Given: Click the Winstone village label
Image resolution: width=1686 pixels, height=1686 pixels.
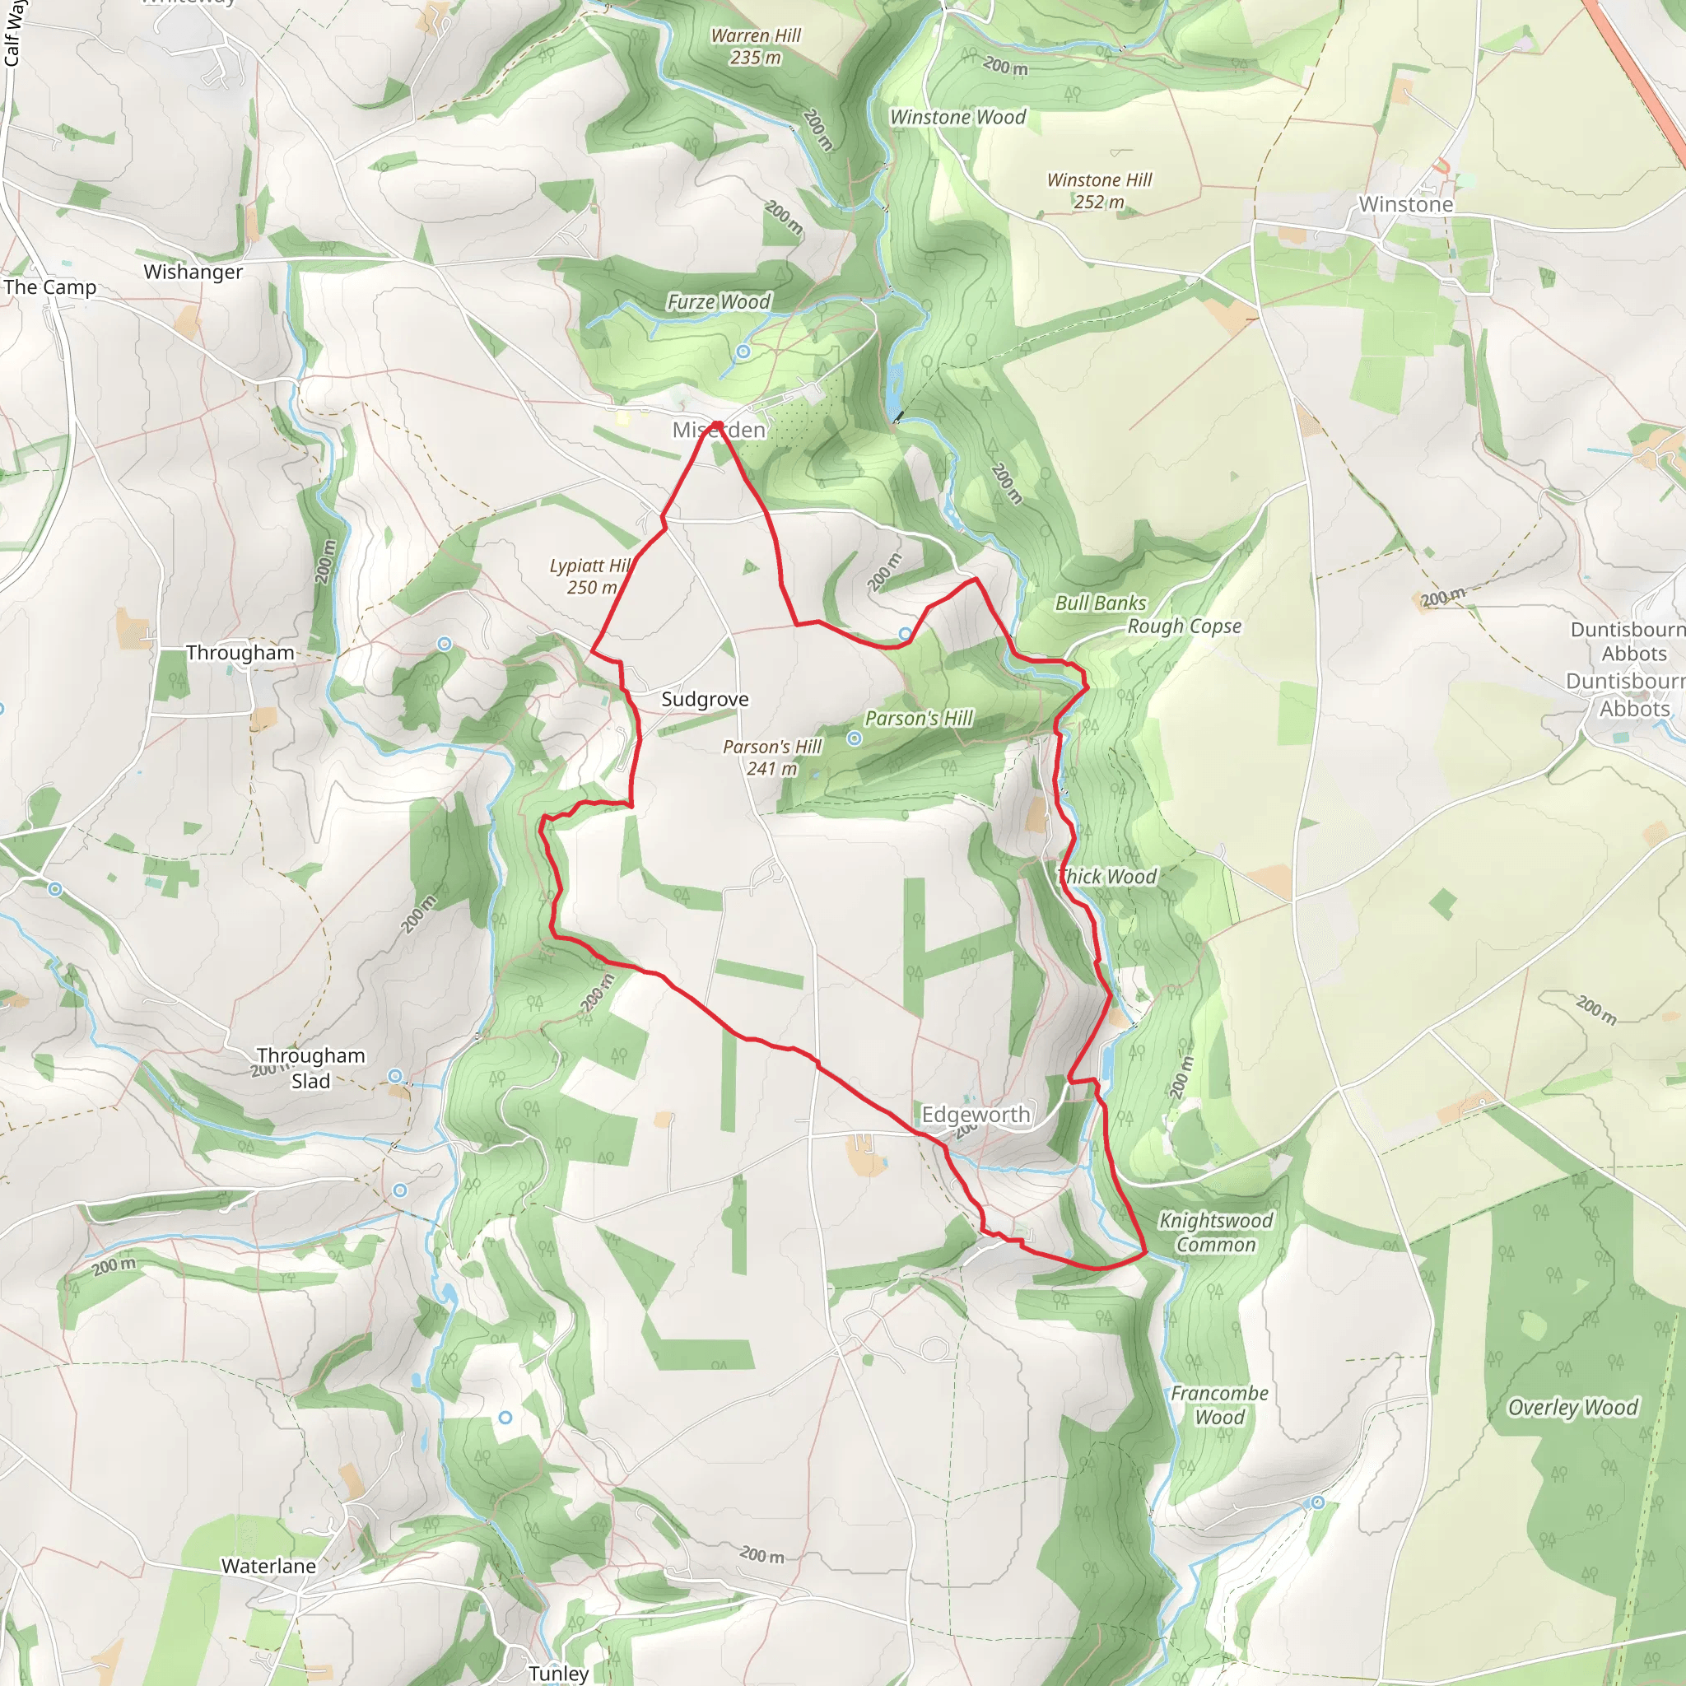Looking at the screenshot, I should point(1405,204).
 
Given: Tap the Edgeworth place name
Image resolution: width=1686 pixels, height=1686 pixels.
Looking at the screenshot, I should point(976,1115).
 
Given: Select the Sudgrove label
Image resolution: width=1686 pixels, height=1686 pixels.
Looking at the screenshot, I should point(704,699).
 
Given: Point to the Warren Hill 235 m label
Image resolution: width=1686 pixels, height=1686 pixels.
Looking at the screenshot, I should point(756,46).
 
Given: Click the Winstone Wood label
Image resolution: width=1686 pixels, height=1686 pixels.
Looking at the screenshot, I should point(957,117).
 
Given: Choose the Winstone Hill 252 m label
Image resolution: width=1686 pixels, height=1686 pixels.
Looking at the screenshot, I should point(1099,190).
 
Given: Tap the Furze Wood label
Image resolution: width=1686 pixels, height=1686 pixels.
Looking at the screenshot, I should point(719,302).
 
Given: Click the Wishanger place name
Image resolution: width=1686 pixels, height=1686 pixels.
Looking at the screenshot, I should point(193,272).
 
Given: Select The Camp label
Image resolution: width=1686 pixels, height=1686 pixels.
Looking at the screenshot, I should point(49,287).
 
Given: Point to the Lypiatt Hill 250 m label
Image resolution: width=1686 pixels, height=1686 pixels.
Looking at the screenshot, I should point(591,576).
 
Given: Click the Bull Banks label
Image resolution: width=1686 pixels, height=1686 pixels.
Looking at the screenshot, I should point(1101,603).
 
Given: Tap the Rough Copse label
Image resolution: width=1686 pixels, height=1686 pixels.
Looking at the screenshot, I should point(1184,626).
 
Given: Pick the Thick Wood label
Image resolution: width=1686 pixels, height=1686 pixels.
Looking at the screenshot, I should point(1107,876).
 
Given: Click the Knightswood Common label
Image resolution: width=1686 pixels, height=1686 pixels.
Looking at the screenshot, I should point(1216,1232).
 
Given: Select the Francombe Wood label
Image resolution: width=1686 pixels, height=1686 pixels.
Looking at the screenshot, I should point(1219,1405).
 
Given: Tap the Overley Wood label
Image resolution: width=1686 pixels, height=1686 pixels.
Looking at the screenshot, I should point(1572,1408).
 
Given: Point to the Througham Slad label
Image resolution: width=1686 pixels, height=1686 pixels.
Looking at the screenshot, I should point(310,1068).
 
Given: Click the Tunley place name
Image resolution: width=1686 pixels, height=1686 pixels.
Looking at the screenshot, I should point(558,1673).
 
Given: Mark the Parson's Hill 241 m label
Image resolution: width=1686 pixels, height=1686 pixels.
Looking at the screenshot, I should point(772,757).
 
